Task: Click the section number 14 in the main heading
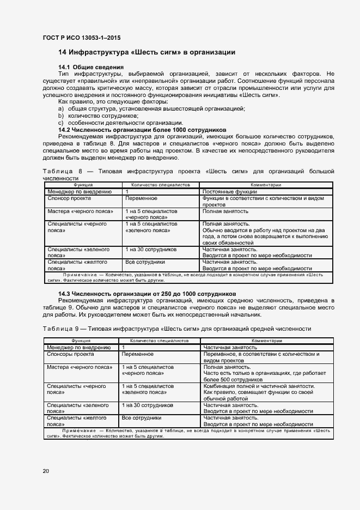pos(62,52)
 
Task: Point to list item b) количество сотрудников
pos(94,115)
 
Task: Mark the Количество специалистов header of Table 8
pos(160,185)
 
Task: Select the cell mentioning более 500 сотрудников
pos(264,373)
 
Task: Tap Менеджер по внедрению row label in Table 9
pos(79,347)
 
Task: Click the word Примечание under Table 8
pos(81,275)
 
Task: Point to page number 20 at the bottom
pos(46,471)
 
